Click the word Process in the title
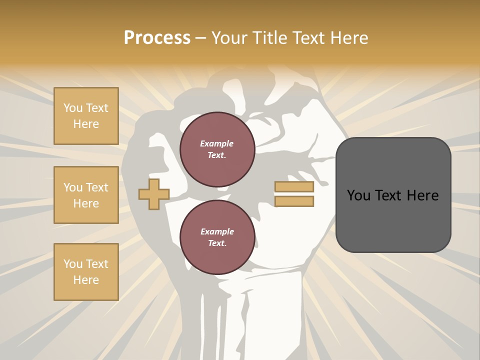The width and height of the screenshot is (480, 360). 157,38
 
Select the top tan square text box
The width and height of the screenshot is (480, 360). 86,116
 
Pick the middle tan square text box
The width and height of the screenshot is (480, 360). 86,195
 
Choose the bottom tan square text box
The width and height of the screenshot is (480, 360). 86,272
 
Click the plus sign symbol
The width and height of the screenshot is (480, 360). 154,194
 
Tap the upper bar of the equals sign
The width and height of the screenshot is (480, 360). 294,187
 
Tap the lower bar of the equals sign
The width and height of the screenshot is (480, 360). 294,201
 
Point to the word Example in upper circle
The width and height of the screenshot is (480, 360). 217,143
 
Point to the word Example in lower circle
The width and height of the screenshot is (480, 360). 217,231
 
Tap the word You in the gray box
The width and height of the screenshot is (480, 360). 358,195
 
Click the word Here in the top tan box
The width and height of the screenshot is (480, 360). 86,124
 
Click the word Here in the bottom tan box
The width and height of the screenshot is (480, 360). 86,280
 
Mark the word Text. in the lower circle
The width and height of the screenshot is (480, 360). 217,243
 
